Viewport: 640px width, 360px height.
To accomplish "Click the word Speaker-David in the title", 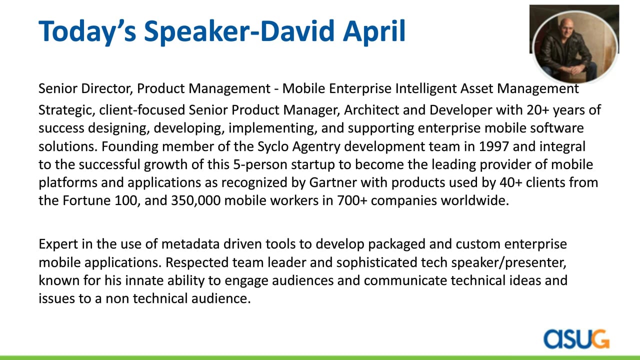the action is (x=239, y=31).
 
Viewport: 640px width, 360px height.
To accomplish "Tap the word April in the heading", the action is (x=374, y=31).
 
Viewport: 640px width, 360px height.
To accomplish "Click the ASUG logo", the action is (x=576, y=339).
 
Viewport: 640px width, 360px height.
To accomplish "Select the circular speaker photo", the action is (x=574, y=47).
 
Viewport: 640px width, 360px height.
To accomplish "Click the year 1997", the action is (x=493, y=146).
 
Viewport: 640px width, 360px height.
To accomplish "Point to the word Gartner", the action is (x=333, y=182).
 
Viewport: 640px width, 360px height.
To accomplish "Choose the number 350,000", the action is (x=195, y=201).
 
